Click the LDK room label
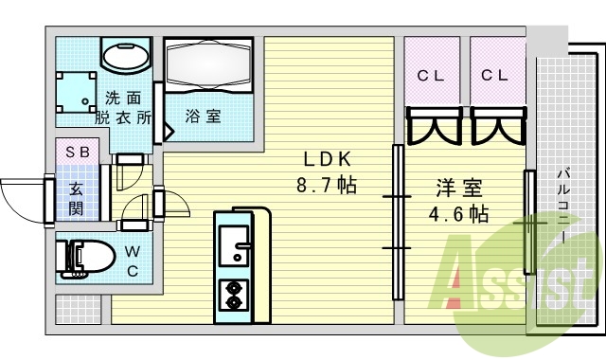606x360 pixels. [x=330, y=159]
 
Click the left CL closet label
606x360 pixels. [x=431, y=76]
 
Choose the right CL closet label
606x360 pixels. [x=495, y=76]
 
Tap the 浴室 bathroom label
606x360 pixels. [x=203, y=117]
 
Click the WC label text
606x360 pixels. [x=132, y=261]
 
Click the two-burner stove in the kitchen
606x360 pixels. [x=232, y=296]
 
